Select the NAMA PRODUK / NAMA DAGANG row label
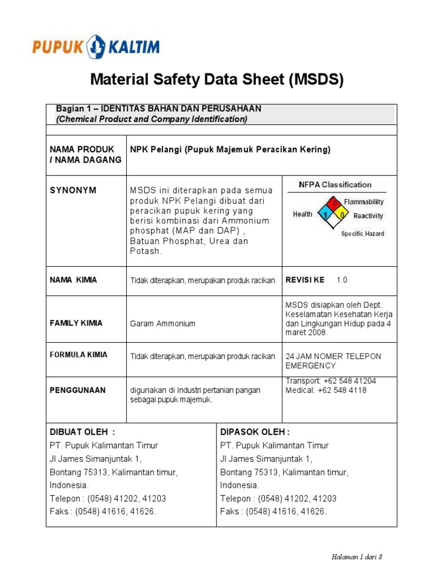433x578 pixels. [86, 155]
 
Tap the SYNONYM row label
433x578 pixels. [73, 190]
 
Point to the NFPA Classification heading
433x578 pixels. [335, 185]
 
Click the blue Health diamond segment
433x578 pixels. [325, 214]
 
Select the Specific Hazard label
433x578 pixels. [363, 234]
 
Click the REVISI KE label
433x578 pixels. [305, 280]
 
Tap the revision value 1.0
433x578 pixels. [342, 280]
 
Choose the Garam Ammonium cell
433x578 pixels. [162, 324]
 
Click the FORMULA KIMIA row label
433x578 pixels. [78, 355]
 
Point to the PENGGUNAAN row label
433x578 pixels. [78, 390]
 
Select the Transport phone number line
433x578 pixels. [330, 381]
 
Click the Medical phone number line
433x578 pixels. [326, 390]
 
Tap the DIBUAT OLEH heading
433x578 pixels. [82, 432]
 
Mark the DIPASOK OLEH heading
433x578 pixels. [255, 432]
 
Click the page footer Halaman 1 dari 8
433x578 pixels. [357, 557]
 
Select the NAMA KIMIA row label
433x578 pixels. [73, 280]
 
